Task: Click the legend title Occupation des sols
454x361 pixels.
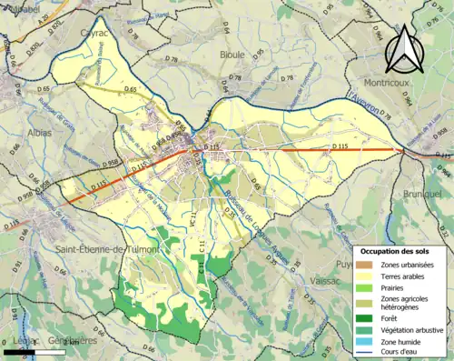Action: click(396, 250)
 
